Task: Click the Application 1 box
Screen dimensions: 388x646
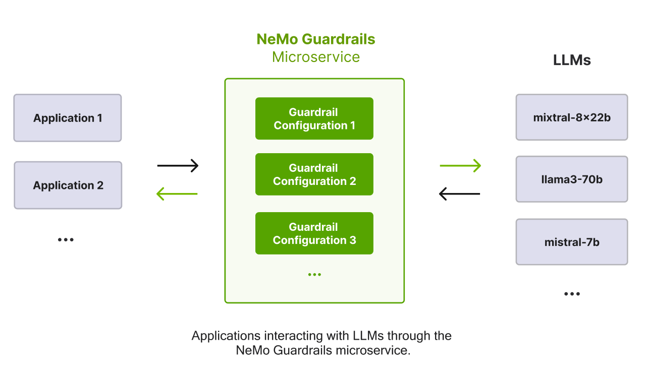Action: point(68,118)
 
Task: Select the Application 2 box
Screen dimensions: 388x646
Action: point(68,185)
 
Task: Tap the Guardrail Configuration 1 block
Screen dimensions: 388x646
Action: point(314,118)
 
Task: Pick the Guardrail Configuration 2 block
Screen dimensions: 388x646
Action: point(314,174)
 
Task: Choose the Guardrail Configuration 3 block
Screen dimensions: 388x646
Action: point(314,233)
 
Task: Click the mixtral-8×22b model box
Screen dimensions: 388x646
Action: point(572,117)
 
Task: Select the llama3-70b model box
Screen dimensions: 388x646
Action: point(572,179)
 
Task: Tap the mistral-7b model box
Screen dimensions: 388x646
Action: point(572,242)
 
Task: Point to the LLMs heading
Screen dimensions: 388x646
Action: point(572,60)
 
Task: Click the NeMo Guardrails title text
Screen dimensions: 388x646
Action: point(315,39)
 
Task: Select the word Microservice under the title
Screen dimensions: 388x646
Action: point(315,57)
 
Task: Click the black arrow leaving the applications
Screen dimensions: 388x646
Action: point(178,165)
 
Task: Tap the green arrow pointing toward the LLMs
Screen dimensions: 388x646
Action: point(460,165)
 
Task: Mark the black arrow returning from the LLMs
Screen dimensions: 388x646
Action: point(459,193)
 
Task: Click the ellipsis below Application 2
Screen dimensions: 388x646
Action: point(66,240)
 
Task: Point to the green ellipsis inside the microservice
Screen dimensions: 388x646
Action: point(314,275)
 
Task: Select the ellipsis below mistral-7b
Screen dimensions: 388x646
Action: point(572,294)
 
